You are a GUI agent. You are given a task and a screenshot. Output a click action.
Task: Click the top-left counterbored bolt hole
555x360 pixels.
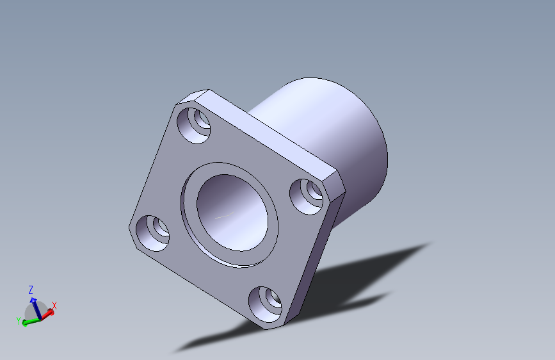(193, 126)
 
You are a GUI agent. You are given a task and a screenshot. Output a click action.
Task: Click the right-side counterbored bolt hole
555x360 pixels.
(306, 197)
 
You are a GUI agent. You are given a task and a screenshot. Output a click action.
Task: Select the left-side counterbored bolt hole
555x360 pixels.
(152, 233)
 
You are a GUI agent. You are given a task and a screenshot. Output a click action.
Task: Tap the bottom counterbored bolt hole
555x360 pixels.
(265, 304)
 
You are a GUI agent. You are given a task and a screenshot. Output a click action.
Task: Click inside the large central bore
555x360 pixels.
(232, 213)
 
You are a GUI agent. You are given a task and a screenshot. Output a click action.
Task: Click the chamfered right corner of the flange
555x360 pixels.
(335, 183)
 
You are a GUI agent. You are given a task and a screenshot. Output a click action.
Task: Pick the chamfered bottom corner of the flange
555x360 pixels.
(275, 326)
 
